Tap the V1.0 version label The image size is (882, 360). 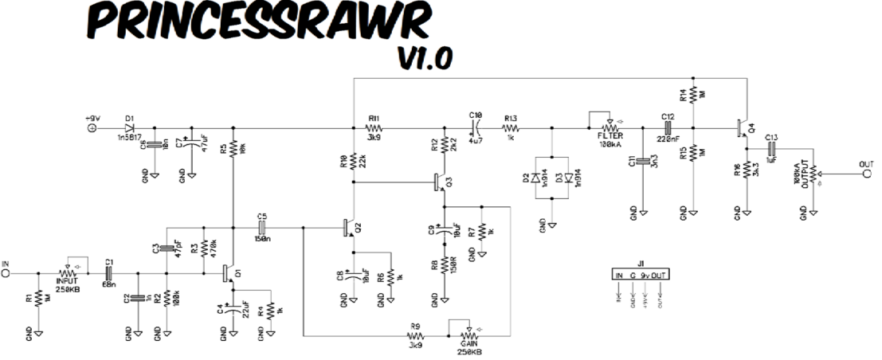pyautogui.click(x=424, y=57)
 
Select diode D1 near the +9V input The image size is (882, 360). pyautogui.click(x=129, y=127)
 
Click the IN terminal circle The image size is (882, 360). pyautogui.click(x=6, y=273)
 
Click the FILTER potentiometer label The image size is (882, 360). pyautogui.click(x=610, y=138)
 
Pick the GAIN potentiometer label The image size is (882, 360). pyautogui.click(x=468, y=343)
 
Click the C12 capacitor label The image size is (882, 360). pyautogui.click(x=668, y=116)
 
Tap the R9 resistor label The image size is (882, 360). pyautogui.click(x=415, y=327)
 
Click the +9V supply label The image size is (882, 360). pyautogui.click(x=93, y=117)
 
